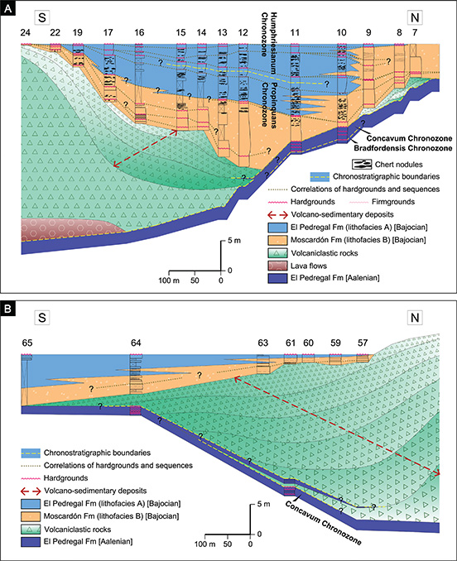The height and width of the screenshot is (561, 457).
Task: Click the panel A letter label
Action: [x=7, y=8]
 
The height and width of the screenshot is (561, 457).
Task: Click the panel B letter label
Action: [x=7, y=309]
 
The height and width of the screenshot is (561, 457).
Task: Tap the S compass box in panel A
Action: [x=42, y=17]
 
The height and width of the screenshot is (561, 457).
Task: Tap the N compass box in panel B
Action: [x=415, y=318]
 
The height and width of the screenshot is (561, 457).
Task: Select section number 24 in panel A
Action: [x=25, y=32]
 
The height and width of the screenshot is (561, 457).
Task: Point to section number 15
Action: [x=180, y=32]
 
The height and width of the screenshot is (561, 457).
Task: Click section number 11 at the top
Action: [x=295, y=32]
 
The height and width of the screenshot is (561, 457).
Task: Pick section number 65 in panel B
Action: [x=27, y=343]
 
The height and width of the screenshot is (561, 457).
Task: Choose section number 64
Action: [x=136, y=343]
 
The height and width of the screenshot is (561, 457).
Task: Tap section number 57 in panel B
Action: [x=363, y=343]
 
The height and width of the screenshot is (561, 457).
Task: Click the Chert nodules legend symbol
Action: [x=362, y=164]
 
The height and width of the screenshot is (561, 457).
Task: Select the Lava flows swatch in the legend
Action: [x=277, y=266]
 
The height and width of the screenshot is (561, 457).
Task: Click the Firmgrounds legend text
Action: [x=393, y=202]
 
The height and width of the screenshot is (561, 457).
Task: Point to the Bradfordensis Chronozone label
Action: [x=403, y=148]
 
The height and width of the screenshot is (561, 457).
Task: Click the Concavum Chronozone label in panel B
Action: [x=323, y=522]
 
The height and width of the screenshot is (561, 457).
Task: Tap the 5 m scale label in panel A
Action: [x=234, y=241]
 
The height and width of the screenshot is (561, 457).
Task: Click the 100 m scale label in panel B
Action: [x=205, y=544]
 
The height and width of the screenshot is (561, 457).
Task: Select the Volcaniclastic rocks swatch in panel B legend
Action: [x=31, y=529]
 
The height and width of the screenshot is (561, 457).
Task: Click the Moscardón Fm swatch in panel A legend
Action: [x=277, y=240]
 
